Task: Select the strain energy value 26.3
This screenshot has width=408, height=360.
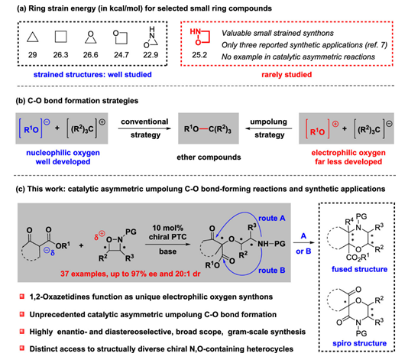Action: [x=60, y=55]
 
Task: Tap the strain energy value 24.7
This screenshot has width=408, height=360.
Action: [x=121, y=55]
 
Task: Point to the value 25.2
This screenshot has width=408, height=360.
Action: [x=199, y=55]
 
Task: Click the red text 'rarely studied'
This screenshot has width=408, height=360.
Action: [x=287, y=75]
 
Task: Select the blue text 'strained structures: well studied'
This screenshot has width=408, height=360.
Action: [x=92, y=75]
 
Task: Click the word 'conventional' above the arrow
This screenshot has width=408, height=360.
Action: [x=144, y=122]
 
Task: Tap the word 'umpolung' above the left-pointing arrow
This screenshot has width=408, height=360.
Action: [x=268, y=122]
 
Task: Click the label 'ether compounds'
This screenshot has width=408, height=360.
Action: [x=209, y=157]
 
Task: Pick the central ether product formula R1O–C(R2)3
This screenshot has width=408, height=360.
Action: [x=208, y=129]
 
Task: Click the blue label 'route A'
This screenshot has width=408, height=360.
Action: [x=272, y=218]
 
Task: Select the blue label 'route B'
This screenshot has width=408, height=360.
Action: [x=272, y=271]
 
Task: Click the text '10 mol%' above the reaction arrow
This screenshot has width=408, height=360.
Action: [x=167, y=228]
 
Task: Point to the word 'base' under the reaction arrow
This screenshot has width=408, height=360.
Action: [x=168, y=251]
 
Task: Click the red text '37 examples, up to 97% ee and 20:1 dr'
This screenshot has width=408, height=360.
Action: [x=131, y=274]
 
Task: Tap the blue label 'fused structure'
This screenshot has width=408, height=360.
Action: [x=359, y=269]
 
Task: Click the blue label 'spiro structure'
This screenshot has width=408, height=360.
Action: [x=359, y=343]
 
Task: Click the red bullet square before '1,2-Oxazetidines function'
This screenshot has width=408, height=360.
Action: [x=22, y=297]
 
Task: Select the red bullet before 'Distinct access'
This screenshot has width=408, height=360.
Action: [x=22, y=348]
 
